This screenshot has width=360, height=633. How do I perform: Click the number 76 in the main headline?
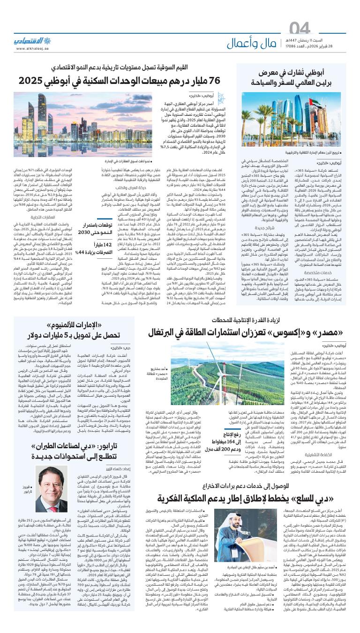click(212, 80)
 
